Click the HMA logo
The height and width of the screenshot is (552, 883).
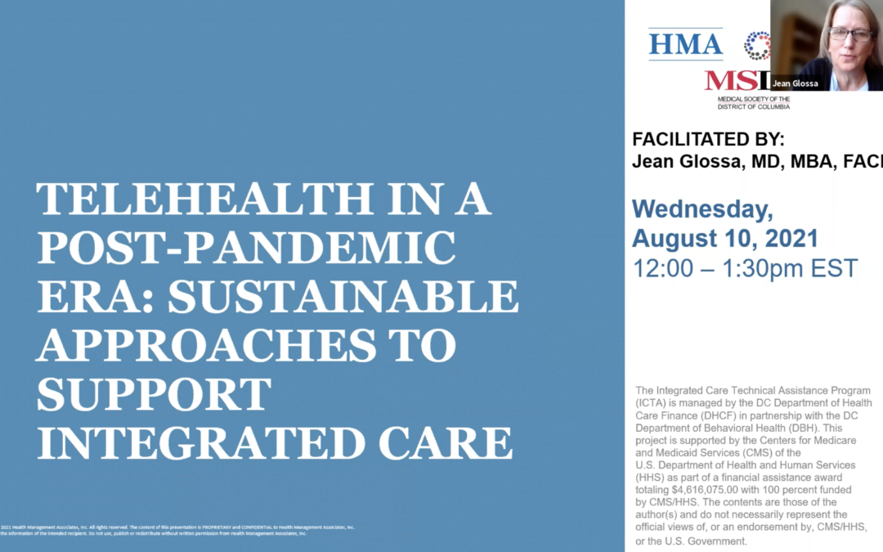tap(685, 43)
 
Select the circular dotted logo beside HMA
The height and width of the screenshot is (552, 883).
tap(757, 45)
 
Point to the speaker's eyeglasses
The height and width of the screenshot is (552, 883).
tap(850, 34)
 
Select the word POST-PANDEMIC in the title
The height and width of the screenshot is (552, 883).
tap(245, 249)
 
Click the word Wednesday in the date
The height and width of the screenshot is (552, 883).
tap(702, 209)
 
